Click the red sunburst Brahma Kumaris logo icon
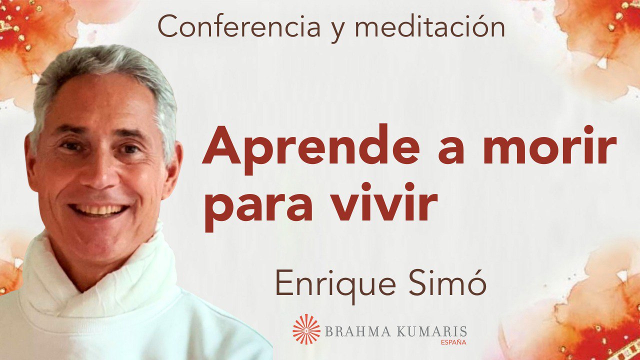click(306, 329)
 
